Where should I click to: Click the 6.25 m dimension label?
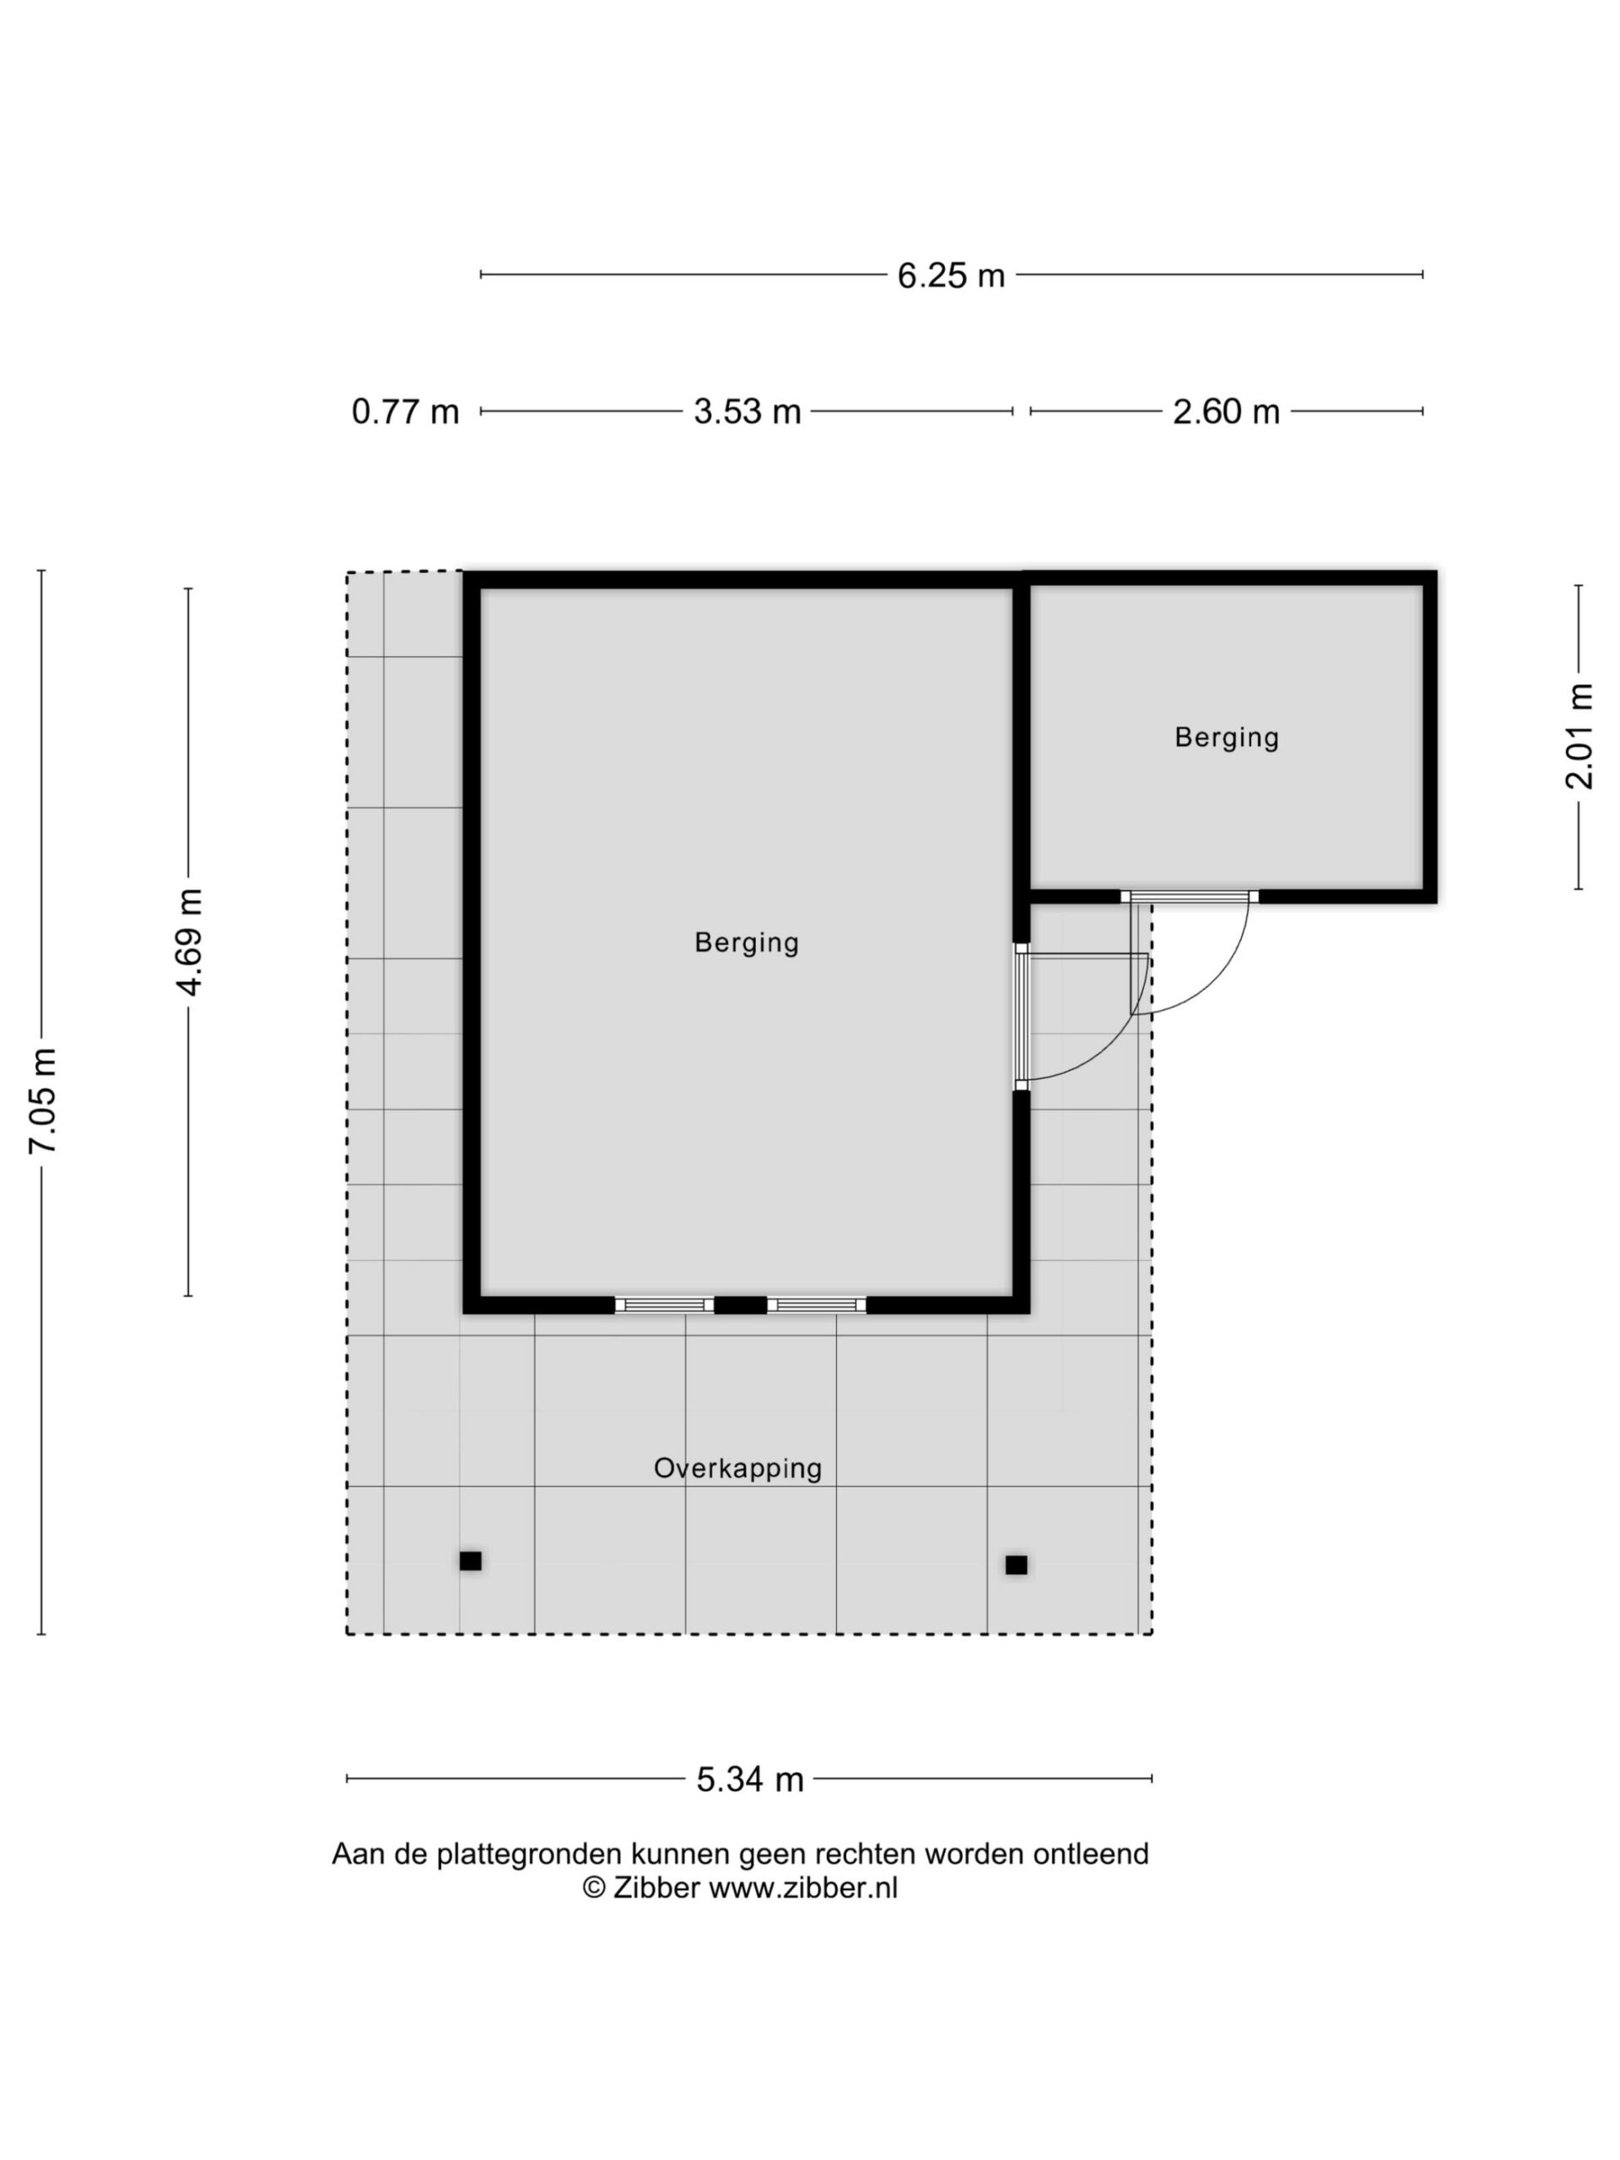pos(950,275)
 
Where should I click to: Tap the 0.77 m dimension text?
pos(405,411)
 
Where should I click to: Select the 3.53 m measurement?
pos(747,411)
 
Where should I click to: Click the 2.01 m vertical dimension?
pos(1579,737)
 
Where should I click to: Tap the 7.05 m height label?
pos(42,1100)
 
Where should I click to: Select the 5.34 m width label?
pos(750,1779)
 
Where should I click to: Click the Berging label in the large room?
pos(747,943)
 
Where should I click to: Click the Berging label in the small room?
pos(1227,737)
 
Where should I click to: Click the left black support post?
pos(471,1560)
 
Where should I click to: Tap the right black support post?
pos(1017,1564)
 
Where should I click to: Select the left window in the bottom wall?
pos(664,1304)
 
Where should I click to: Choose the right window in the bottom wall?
pos(817,1304)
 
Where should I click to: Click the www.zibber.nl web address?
pos(802,1887)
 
